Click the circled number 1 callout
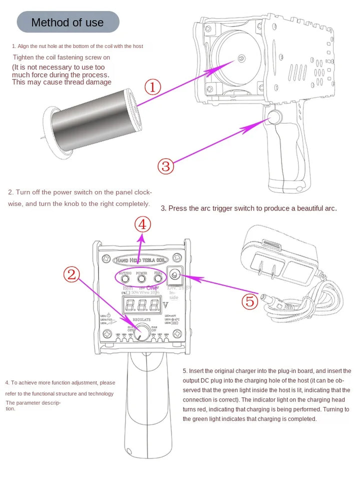(x=152, y=87)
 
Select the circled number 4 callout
(x=142, y=224)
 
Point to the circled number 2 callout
(x=71, y=274)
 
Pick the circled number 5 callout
(x=249, y=301)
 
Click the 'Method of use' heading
(x=67, y=22)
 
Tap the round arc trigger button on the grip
(x=273, y=117)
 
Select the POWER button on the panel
(x=142, y=277)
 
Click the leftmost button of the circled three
(x=124, y=277)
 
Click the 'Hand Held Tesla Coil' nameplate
(x=141, y=260)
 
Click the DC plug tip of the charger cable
(x=271, y=300)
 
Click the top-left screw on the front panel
(x=105, y=259)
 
